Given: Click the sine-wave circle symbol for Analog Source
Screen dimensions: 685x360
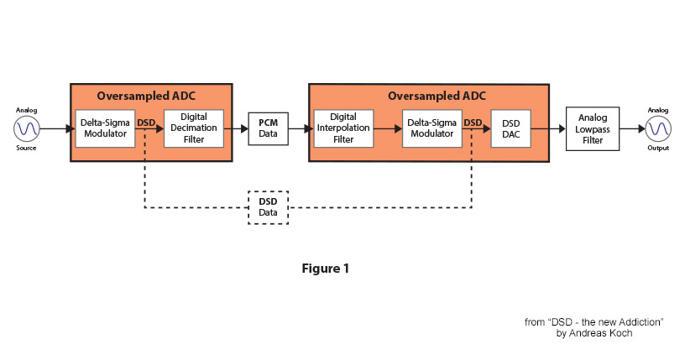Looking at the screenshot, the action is point(27,129).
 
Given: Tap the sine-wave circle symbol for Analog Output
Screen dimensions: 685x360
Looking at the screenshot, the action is point(658,129).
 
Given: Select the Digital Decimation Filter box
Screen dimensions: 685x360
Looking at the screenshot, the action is point(194,128).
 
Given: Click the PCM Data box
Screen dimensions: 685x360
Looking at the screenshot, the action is point(269,128).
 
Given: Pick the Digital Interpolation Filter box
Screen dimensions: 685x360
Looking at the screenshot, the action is point(343,128).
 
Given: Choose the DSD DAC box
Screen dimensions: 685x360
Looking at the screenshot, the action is point(510,128).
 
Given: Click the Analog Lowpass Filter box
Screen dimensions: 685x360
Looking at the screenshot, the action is point(593,129).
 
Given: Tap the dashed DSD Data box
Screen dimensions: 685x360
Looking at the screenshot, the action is point(269,207).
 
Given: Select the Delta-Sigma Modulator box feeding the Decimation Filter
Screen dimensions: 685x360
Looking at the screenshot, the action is point(105,128).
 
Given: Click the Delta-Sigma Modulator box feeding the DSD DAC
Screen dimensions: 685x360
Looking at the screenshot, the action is point(432,128).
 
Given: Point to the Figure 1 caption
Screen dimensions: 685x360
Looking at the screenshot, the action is point(326,269).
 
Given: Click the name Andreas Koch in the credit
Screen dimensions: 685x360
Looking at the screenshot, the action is point(600,333).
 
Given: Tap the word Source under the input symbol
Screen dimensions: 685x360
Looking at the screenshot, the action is point(26,148).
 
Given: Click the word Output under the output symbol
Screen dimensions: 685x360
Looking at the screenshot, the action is point(658,148).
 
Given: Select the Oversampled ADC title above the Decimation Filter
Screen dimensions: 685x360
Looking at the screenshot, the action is point(146,97).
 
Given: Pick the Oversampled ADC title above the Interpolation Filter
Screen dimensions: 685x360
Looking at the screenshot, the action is point(437,97).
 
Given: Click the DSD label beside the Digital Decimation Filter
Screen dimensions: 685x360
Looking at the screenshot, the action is point(146,123).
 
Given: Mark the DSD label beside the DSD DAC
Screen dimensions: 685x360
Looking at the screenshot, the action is point(473,123).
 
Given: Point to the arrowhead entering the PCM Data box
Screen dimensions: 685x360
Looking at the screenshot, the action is point(244,129).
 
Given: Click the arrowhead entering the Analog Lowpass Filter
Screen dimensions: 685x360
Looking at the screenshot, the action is point(562,129).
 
